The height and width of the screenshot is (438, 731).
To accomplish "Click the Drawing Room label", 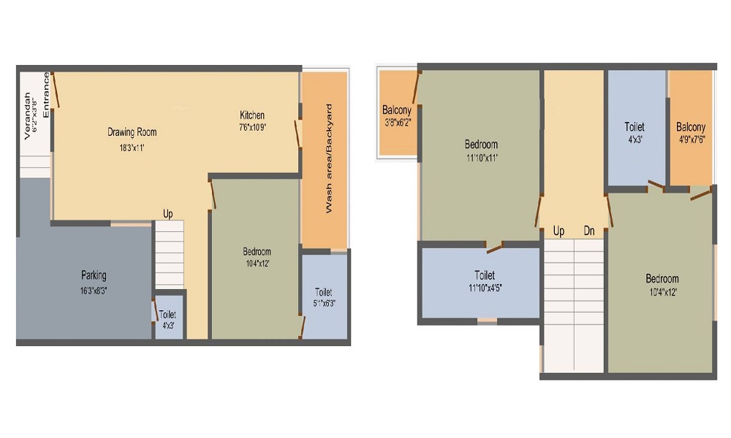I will pos(132,132).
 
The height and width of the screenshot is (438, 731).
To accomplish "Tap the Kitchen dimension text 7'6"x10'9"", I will pos(252,127).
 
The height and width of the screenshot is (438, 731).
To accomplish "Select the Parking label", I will pos(94,275).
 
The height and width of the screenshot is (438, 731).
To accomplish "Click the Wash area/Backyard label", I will pos(329,158).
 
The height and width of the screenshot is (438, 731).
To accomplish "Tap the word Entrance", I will pos(46,95).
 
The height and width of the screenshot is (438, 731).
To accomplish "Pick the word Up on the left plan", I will pos(168,214).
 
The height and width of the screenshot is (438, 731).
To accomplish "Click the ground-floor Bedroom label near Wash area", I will pos(257,252).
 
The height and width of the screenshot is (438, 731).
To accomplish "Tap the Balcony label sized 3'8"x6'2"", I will pos(397,111).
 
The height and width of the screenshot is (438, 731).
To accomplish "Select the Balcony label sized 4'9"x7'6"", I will pos(691,127).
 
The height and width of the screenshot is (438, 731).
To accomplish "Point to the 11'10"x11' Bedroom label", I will pos(481,144).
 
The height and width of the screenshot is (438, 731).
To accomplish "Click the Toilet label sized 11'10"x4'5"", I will pos(485,275).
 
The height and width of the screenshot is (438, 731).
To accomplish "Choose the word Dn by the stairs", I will pos(589,231).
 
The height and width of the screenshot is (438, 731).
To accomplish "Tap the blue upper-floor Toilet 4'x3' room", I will pos(635,127).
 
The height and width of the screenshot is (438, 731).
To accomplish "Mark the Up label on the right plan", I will pos(559,231).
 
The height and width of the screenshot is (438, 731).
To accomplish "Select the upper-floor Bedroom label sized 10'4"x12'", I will pos(662,278).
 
